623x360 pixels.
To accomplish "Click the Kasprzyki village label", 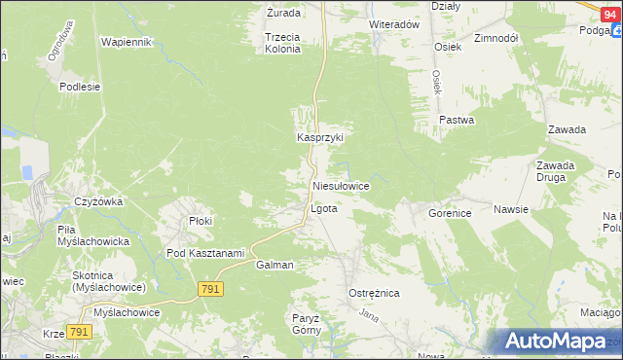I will pyautogui.click(x=320, y=138).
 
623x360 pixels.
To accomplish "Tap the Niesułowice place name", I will pyautogui.click(x=339, y=185).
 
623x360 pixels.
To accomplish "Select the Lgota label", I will pyautogui.click(x=323, y=208).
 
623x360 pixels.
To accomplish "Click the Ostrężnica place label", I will pyautogui.click(x=374, y=292).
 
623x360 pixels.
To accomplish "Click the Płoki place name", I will pyautogui.click(x=201, y=221).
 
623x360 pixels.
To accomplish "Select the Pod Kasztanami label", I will pyautogui.click(x=204, y=253).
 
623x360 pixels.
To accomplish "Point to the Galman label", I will pyautogui.click(x=275, y=265).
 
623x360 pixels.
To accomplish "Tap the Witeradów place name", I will pyautogui.click(x=393, y=23).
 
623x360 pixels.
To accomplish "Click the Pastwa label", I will pyautogui.click(x=456, y=121).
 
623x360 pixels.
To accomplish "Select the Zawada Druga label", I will pyautogui.click(x=556, y=172).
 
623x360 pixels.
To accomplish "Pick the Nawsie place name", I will pyautogui.click(x=510, y=209).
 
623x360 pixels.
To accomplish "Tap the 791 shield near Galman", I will pyautogui.click(x=211, y=289).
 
